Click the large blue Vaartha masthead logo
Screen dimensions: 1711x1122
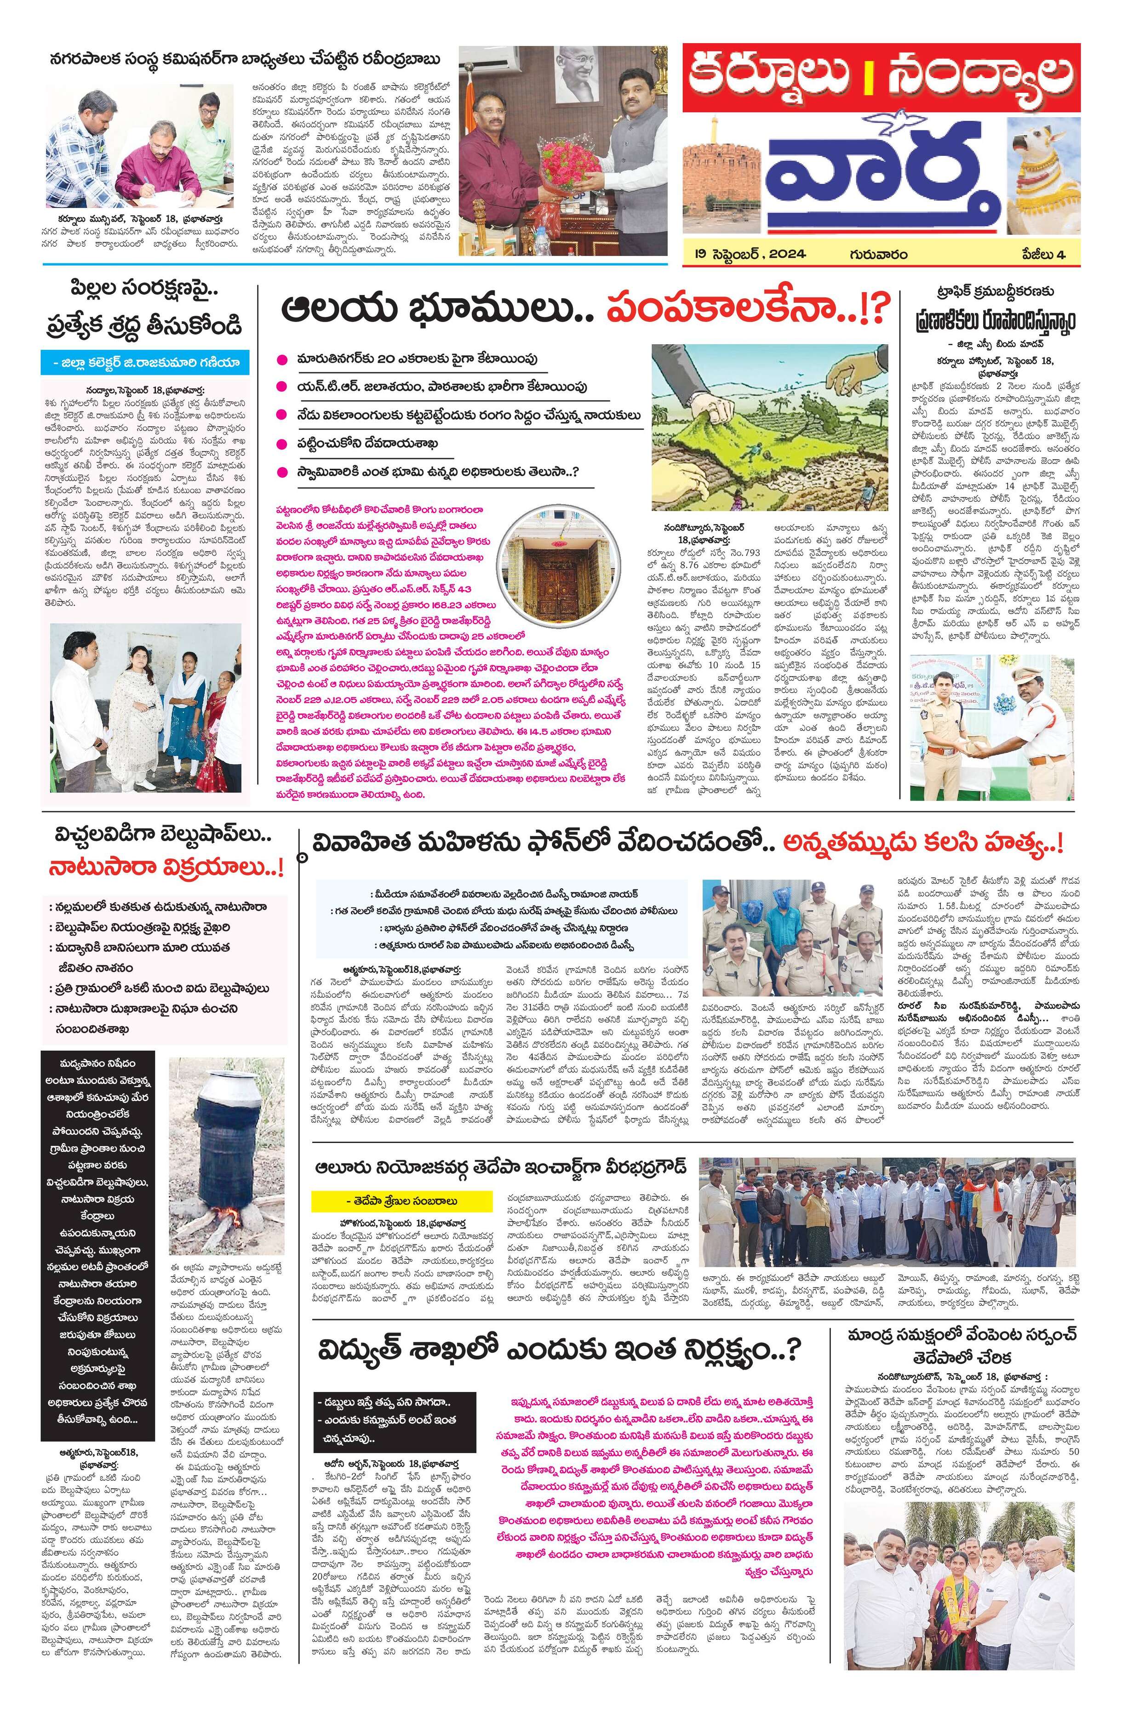(881, 180)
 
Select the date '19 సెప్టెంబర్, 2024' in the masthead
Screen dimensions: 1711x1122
(750, 254)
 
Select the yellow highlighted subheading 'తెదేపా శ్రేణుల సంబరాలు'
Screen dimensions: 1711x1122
(402, 1200)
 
